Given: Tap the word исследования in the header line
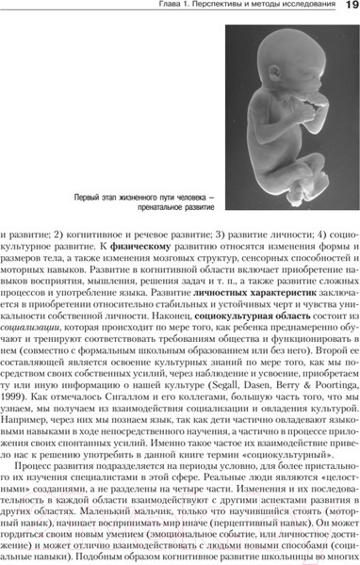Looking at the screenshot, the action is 298,8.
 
